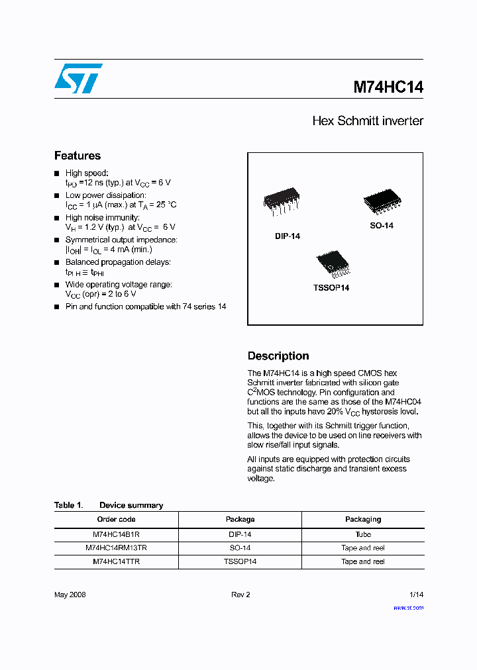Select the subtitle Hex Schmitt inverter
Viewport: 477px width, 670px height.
coord(367,121)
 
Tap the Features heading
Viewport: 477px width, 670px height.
coord(78,156)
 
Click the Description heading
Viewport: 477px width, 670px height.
coord(278,356)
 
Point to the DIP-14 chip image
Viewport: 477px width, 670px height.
coord(282,201)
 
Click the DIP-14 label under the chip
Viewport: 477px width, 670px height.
coord(288,236)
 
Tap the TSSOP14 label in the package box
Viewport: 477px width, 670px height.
coord(331,288)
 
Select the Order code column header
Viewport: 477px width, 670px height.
coord(117,520)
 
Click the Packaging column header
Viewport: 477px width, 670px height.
coord(362,520)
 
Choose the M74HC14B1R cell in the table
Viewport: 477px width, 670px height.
coord(117,534)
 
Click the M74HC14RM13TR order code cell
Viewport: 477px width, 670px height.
coord(117,548)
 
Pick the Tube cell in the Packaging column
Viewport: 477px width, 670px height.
coord(362,534)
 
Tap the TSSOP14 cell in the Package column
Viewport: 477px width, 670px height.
coord(240,561)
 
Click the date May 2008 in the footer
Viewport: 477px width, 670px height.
coord(70,595)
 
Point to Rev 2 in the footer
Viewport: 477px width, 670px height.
coord(240,595)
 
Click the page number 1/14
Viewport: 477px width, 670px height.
coord(415,595)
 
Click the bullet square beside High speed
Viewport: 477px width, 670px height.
coord(57,173)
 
